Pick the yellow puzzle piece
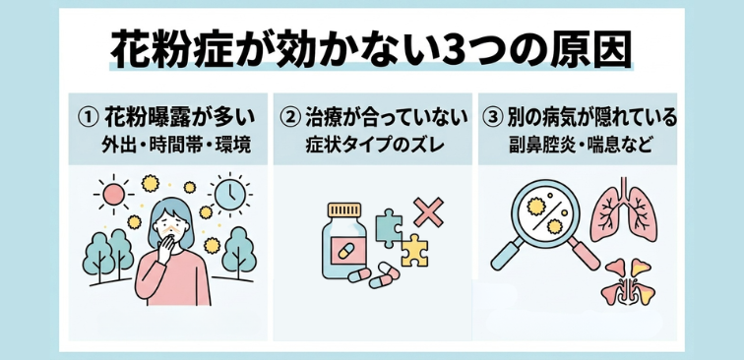click(x=413, y=252)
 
